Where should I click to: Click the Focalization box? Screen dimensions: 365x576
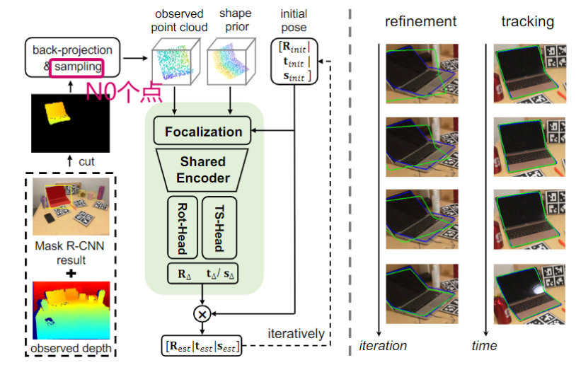pyautogui.click(x=203, y=132)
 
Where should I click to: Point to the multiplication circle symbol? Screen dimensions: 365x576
pyautogui.click(x=203, y=312)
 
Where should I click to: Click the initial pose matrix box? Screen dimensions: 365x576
pyautogui.click(x=293, y=61)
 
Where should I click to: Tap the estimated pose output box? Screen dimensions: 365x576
pyautogui.click(x=201, y=346)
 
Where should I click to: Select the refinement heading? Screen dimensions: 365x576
pyautogui.click(x=420, y=22)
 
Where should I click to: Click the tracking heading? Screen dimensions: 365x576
pyautogui.click(x=526, y=22)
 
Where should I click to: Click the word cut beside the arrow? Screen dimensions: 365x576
pyautogui.click(x=86, y=161)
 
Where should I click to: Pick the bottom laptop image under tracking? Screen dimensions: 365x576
pyautogui.click(x=529, y=294)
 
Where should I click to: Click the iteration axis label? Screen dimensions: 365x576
pyautogui.click(x=383, y=346)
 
